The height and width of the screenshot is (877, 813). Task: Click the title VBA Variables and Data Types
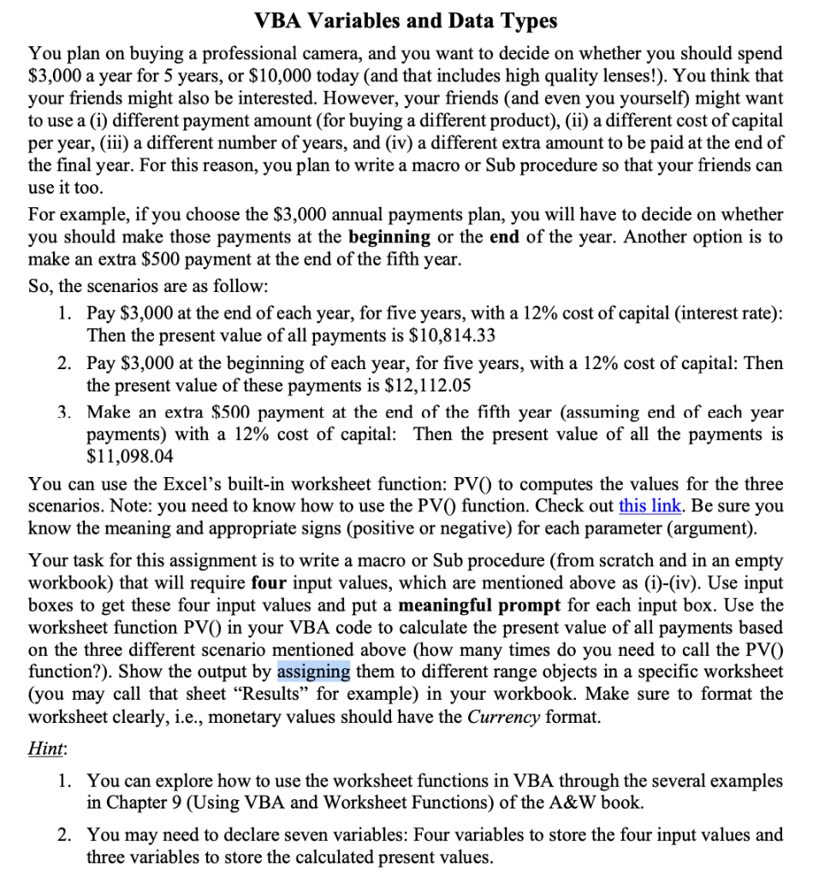(x=406, y=20)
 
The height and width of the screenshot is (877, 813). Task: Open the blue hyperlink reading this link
(x=646, y=506)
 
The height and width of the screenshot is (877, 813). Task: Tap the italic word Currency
(x=503, y=716)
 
